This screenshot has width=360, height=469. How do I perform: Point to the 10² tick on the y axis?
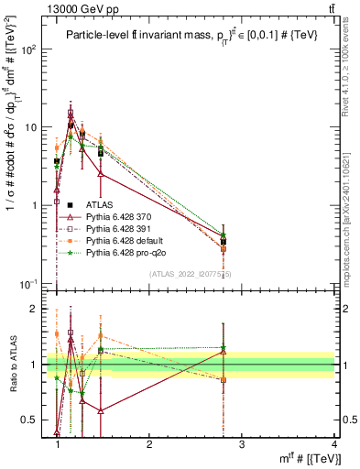(30, 49)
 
